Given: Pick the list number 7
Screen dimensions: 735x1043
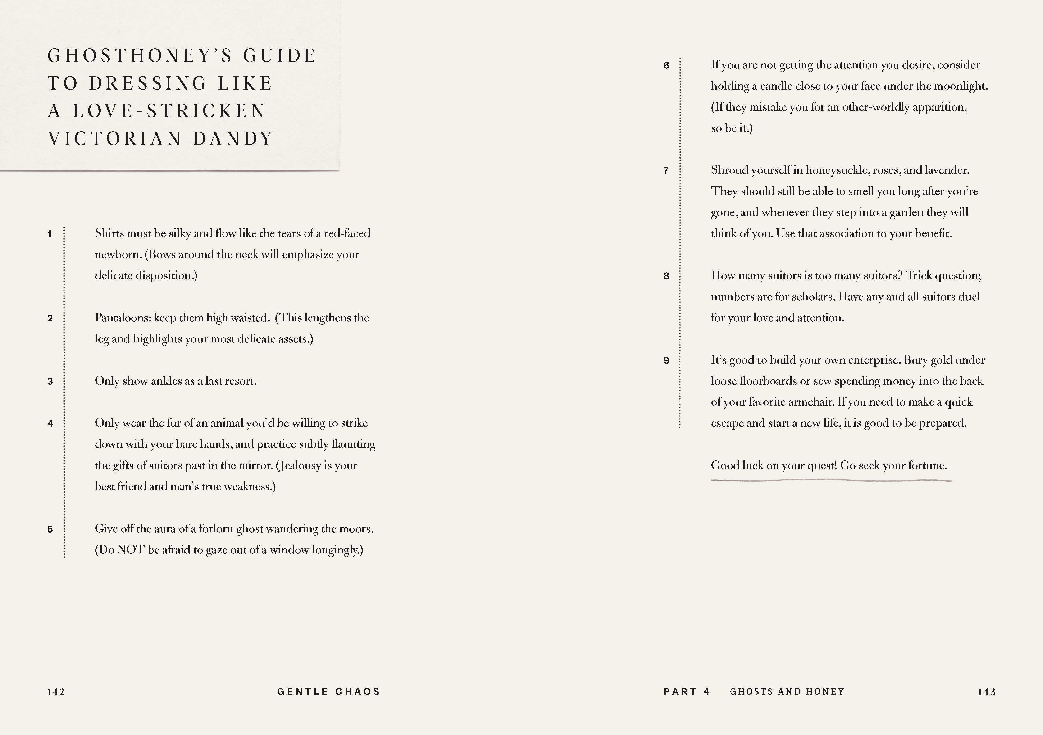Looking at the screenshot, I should click(666, 171).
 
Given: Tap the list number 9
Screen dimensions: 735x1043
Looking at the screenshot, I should click(666, 361).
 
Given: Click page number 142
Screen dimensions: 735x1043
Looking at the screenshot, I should click(56, 692).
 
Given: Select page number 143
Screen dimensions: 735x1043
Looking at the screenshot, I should click(987, 692).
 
